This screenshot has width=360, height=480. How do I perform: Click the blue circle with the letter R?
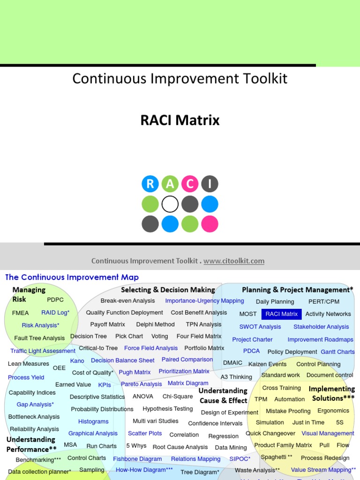coord(150,184)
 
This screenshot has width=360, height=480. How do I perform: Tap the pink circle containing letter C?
coord(190,184)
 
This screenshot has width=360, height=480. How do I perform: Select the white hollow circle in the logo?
coord(170,204)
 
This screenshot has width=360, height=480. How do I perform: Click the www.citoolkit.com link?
coord(234,261)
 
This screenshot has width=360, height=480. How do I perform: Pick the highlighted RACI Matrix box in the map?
coord(282,314)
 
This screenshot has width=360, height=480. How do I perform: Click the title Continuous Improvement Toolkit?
coord(180,78)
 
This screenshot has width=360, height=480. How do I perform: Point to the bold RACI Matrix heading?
coord(180,120)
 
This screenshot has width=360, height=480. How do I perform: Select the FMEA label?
coord(21,313)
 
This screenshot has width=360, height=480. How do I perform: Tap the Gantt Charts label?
coord(337,352)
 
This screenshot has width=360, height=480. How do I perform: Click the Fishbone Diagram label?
coord(137,459)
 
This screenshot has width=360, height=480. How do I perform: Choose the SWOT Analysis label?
coord(260,327)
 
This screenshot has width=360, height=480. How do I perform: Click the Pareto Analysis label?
coord(142,384)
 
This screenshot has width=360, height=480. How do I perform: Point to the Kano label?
coord(77,361)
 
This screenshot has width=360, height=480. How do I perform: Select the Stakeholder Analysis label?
coord(321,327)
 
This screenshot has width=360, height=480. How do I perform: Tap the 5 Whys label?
coord(136,446)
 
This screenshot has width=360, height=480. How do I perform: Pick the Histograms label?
coord(93,421)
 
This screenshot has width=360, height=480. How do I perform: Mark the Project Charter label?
coord(252,339)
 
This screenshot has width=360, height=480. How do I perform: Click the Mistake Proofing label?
coord(288,411)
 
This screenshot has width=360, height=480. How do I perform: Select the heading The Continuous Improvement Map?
coord(72,277)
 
